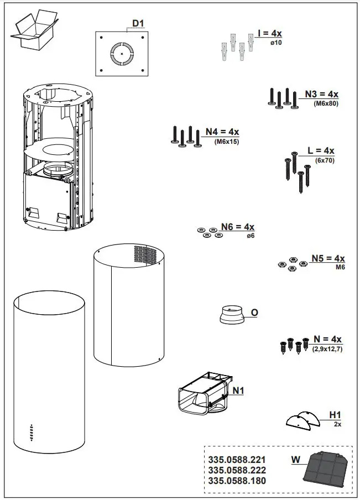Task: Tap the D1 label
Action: click(138, 23)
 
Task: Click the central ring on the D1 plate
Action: click(121, 53)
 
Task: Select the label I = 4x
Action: click(269, 34)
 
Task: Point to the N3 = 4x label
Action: click(321, 94)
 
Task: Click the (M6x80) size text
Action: click(325, 103)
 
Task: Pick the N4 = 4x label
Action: click(222, 132)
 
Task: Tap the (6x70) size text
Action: click(325, 160)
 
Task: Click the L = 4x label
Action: click(321, 150)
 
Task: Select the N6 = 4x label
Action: click(237, 227)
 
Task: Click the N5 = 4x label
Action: click(327, 258)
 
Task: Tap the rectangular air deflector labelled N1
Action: click(202, 394)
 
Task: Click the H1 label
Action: click(335, 414)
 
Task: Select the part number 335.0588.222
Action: click(237, 470)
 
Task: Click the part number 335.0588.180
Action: click(237, 481)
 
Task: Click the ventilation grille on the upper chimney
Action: click(145, 255)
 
